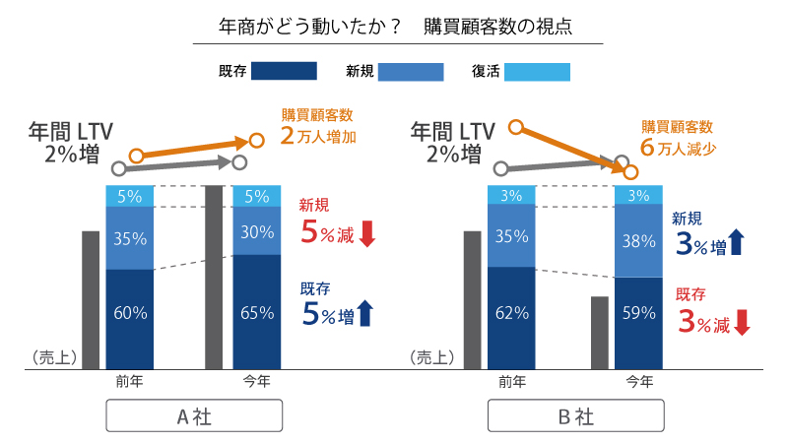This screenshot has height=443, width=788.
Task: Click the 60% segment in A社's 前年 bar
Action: point(131,313)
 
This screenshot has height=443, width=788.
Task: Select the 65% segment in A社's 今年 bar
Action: point(256,313)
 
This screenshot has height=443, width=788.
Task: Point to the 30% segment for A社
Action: point(256,231)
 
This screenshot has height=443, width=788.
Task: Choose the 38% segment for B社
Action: point(638,239)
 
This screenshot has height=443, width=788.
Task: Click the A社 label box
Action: point(194,415)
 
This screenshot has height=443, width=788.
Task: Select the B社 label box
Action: point(576,415)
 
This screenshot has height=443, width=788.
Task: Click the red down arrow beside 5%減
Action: point(366,233)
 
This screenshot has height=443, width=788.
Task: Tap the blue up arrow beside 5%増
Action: point(365,314)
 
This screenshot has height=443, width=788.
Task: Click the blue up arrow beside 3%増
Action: point(736,242)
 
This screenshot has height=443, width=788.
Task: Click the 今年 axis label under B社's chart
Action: point(638,381)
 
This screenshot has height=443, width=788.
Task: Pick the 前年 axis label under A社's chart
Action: point(131,381)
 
